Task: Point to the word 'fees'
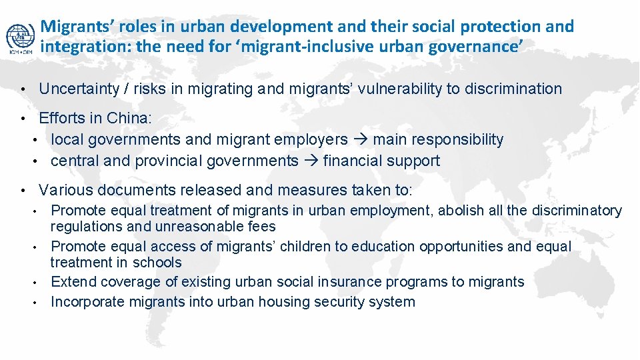click(262, 227)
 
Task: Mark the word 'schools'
click(158, 263)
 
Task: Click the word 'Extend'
click(73, 282)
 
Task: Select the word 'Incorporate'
click(88, 302)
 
